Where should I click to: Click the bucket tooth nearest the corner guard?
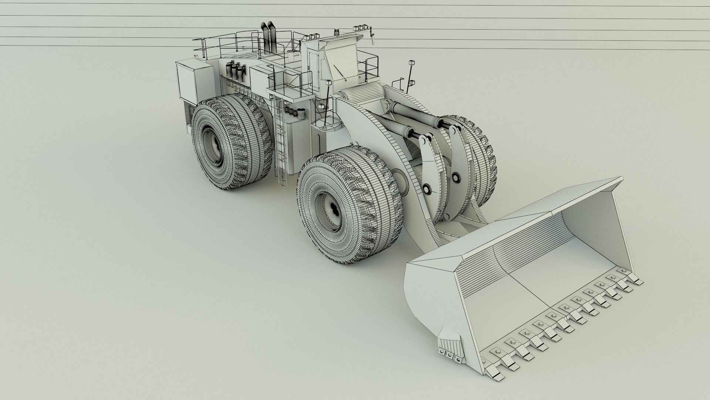493,373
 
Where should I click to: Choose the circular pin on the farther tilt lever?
456,177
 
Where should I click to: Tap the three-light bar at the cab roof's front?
358,28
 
